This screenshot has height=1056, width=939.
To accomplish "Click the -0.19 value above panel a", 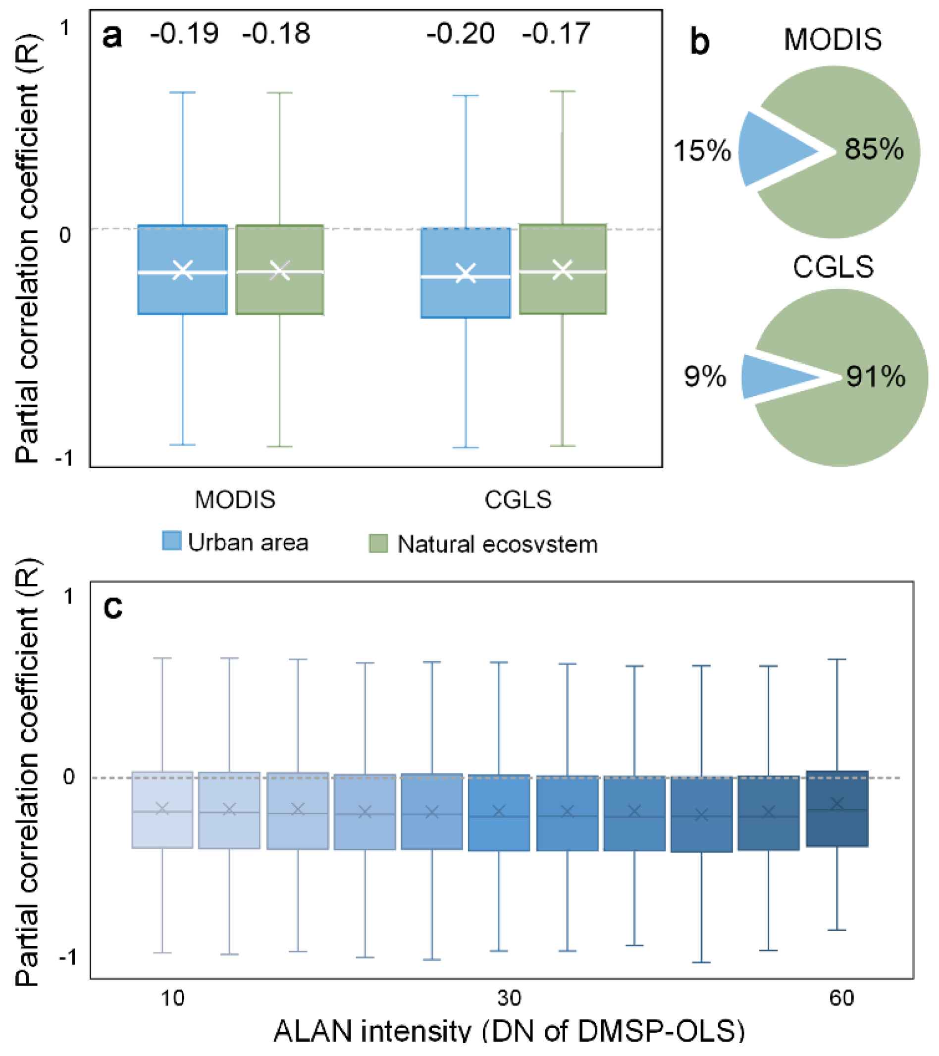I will pyautogui.click(x=184, y=34).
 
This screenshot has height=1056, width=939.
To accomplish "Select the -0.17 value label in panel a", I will pyautogui.click(x=556, y=34).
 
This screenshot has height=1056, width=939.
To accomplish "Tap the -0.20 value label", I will pyautogui.click(x=460, y=34).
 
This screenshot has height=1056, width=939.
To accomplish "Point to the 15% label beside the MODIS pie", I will pyautogui.click(x=702, y=151).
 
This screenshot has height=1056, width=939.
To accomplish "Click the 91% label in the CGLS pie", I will pyautogui.click(x=876, y=376).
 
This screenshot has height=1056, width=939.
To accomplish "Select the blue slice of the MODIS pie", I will pyautogui.click(x=769, y=150).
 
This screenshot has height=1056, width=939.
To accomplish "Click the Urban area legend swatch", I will pyautogui.click(x=171, y=541).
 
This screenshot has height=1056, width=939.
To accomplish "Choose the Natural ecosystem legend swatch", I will pyautogui.click(x=378, y=543).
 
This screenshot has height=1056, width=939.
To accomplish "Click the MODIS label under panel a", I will pyautogui.click(x=235, y=500).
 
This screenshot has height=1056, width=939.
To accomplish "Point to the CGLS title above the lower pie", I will pyautogui.click(x=833, y=267).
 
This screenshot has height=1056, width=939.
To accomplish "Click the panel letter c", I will pyautogui.click(x=113, y=608).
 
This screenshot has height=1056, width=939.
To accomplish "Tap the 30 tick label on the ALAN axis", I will pyautogui.click(x=509, y=998).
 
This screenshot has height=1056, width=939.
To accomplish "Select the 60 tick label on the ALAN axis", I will pyautogui.click(x=841, y=998).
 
